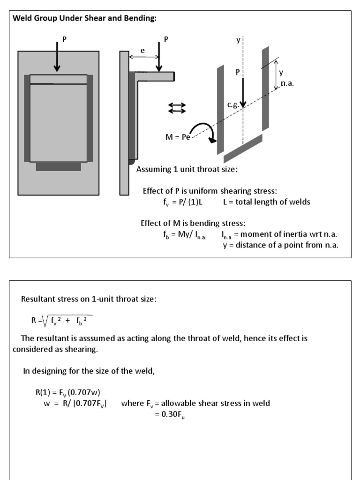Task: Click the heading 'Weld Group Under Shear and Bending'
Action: click(85, 18)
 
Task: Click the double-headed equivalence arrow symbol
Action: click(177, 108)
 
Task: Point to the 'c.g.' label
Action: click(233, 105)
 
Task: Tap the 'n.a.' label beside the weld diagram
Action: click(287, 83)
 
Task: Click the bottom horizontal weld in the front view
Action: click(58, 166)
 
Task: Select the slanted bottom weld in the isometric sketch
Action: click(243, 149)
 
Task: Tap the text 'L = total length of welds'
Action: click(266, 202)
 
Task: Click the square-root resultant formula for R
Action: click(61, 321)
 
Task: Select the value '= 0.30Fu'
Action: click(170, 414)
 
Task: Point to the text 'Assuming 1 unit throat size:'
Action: click(187, 169)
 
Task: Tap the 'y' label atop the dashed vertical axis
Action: click(238, 40)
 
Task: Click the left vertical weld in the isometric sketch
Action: click(220, 110)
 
